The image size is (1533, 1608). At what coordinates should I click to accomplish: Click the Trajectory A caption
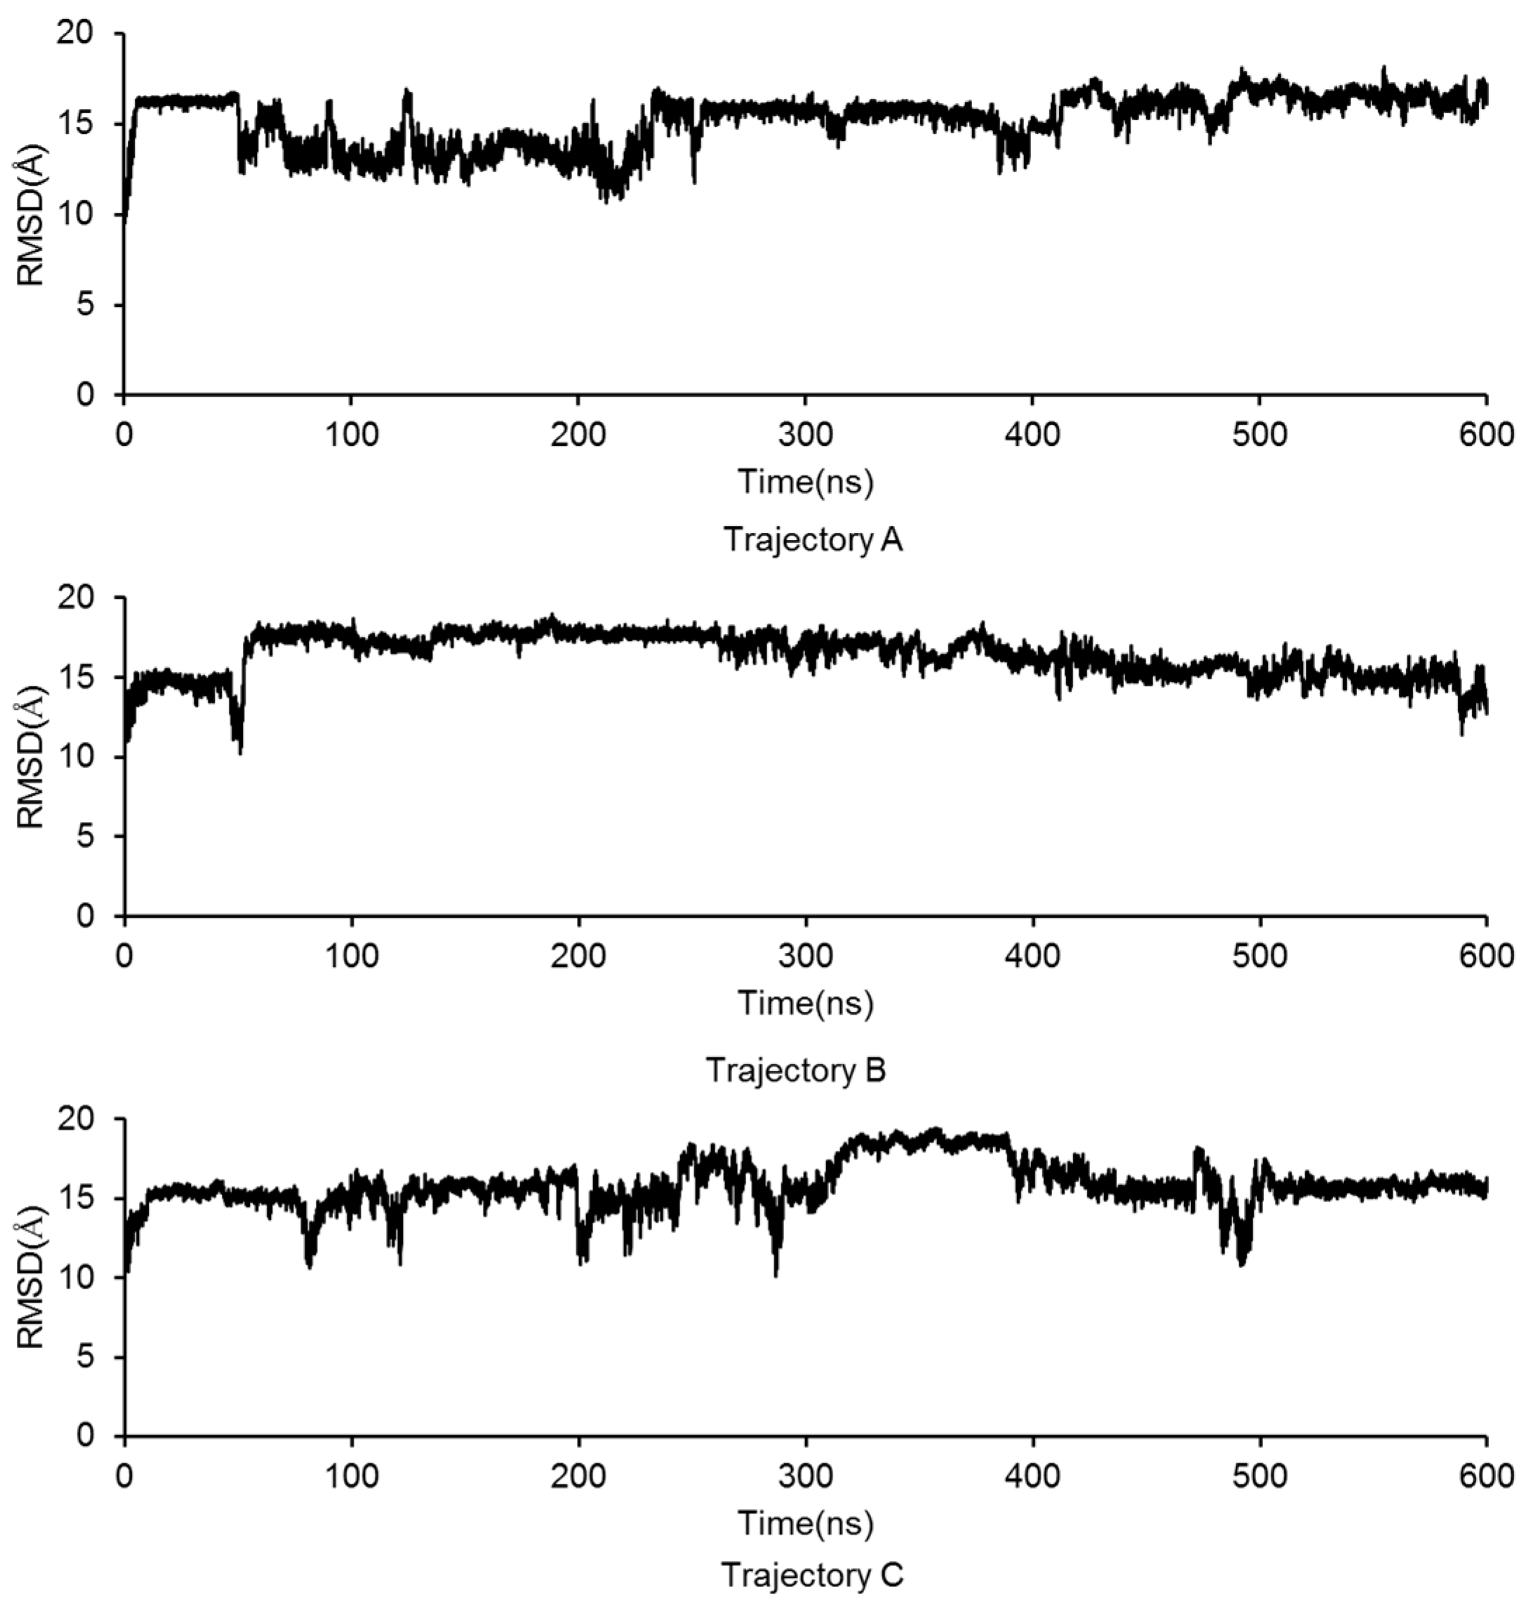click(812, 541)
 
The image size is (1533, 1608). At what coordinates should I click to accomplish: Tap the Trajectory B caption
click(796, 1070)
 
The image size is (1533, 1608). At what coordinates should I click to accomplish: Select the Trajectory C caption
click(812, 1574)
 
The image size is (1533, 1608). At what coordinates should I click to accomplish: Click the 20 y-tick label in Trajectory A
click(75, 34)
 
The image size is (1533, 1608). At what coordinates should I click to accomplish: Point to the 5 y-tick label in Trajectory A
click(86, 305)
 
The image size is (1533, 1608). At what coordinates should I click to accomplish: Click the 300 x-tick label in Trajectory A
click(806, 434)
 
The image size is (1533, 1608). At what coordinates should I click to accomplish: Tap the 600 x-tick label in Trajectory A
click(1485, 434)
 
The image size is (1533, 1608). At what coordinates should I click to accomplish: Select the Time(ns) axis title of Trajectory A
click(806, 482)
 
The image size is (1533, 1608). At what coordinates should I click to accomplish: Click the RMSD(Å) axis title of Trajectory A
click(31, 215)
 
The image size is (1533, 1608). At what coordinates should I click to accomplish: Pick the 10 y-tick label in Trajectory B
click(75, 757)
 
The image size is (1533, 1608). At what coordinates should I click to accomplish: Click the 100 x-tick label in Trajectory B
click(352, 955)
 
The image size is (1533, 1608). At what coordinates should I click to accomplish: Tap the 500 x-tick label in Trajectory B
click(1259, 955)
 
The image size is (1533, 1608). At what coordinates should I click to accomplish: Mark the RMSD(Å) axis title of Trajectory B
click(31, 757)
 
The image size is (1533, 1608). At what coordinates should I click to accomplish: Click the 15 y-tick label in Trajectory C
click(75, 1199)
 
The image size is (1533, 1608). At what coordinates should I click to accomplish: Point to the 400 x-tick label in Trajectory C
click(1033, 1475)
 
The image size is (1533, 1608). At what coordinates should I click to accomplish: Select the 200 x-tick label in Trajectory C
click(578, 1475)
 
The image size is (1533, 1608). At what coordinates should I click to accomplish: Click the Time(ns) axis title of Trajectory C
click(806, 1523)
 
